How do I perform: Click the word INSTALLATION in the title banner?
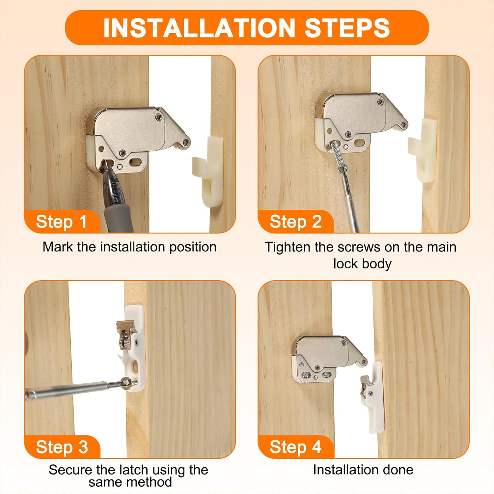[199, 28]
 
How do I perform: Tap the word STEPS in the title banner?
[347, 28]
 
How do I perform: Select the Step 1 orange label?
[61, 222]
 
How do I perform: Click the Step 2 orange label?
[295, 222]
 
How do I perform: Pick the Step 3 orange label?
[62, 447]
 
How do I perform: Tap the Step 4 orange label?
[295, 447]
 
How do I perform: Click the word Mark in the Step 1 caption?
[58, 247]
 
